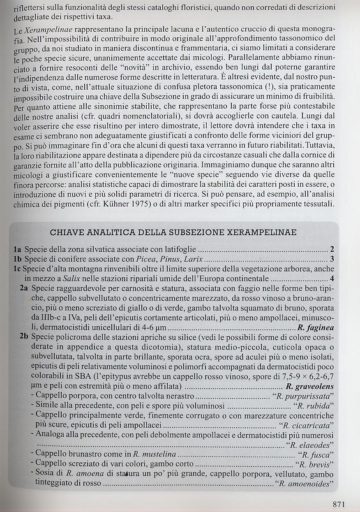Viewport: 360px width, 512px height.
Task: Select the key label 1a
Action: (x=18, y=250)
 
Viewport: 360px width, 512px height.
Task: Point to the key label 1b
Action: (x=18, y=259)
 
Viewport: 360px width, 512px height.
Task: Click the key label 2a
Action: (x=24, y=288)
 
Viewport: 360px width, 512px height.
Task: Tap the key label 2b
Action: (x=24, y=338)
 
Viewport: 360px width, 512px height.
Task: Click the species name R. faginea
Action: (x=316, y=328)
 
